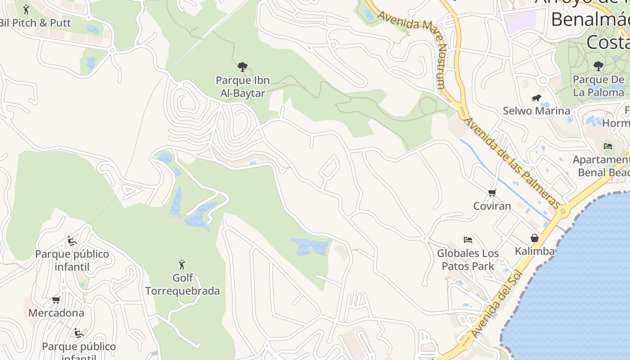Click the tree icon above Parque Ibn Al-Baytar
tap(243, 67)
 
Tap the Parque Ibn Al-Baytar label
tap(243, 87)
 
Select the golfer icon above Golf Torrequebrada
tap(182, 264)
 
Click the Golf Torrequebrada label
tap(182, 284)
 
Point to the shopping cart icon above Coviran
tap(492, 193)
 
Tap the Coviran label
tap(492, 206)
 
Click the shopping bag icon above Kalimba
tap(534, 238)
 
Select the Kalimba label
tap(534, 251)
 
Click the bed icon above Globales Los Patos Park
tap(468, 240)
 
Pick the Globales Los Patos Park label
tap(468, 260)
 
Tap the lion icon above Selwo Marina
tap(536, 98)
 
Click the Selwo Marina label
tap(536, 111)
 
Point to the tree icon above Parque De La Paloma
tap(598, 66)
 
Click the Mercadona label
tap(56, 313)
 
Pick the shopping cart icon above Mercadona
tap(56, 300)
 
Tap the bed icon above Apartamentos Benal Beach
tap(608, 146)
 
